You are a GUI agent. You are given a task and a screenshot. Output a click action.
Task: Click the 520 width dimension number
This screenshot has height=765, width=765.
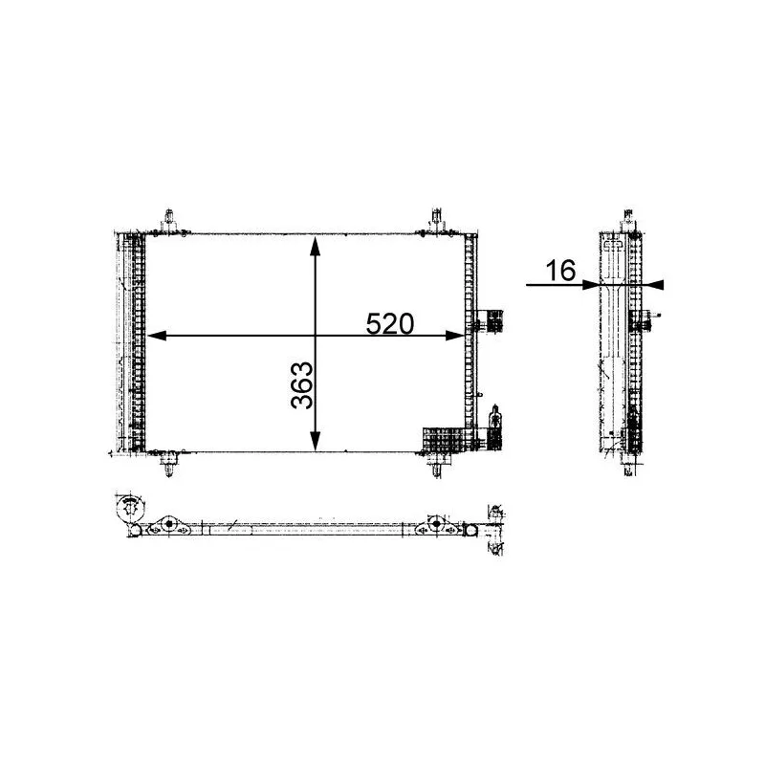pos(390,323)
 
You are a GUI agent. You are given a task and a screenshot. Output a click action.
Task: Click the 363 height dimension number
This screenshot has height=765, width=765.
pos(302,385)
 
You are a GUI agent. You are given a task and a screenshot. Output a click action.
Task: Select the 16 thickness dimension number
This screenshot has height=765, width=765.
pos(560,271)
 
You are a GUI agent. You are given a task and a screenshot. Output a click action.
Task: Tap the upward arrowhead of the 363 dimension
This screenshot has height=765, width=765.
pos(316,246)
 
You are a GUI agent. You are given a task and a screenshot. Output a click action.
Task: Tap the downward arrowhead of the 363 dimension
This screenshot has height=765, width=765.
pos(316,442)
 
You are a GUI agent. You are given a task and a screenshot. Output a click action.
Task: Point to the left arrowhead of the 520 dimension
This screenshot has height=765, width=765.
pos(157,336)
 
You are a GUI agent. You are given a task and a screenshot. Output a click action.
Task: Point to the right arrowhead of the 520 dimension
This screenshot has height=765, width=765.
pos(455,336)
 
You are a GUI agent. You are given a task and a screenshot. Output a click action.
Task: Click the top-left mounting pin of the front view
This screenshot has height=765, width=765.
pos(169,221)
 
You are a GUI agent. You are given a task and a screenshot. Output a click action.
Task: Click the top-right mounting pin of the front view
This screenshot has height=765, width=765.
pos(436,221)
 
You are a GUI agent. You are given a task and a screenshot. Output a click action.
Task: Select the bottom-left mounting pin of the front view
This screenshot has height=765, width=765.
pos(169,464)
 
